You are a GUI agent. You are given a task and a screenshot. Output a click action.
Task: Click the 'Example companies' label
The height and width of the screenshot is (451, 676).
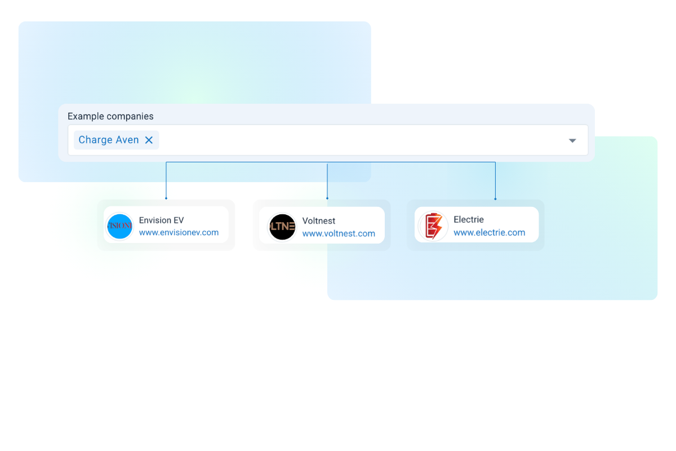pyautogui.click(x=110, y=117)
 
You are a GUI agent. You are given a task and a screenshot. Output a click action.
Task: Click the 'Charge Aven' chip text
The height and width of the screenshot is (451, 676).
pyautogui.click(x=109, y=140)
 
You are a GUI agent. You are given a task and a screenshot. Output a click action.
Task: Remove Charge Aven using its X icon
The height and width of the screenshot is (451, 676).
pyautogui.click(x=149, y=140)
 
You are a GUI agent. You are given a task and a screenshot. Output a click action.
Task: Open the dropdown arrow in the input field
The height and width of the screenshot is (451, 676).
pyautogui.click(x=572, y=140)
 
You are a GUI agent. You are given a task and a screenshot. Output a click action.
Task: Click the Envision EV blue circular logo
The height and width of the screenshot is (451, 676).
pyautogui.click(x=119, y=227)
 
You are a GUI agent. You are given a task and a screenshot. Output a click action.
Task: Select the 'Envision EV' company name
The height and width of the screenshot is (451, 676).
pyautogui.click(x=161, y=220)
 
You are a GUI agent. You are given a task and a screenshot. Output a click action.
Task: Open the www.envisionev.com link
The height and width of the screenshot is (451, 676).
pyautogui.click(x=179, y=232)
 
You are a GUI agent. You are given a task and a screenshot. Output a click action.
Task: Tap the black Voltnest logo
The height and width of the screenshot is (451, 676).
pyautogui.click(x=282, y=227)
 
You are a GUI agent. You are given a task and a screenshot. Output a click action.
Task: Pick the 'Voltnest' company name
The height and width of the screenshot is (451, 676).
pyautogui.click(x=319, y=221)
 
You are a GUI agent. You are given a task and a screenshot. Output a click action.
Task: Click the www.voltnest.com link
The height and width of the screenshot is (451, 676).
pyautogui.click(x=339, y=233)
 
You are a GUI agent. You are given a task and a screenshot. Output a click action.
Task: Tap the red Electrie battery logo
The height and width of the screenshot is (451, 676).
pyautogui.click(x=433, y=226)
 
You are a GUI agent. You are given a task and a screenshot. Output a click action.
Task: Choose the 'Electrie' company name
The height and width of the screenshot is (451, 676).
pyautogui.click(x=469, y=220)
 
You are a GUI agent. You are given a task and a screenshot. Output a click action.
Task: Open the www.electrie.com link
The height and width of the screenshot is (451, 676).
pyautogui.click(x=489, y=232)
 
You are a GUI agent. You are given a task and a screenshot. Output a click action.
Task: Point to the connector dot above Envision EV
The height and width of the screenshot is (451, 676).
pyautogui.click(x=166, y=198)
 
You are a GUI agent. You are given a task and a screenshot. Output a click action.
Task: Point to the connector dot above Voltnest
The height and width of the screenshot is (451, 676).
pyautogui.click(x=327, y=198)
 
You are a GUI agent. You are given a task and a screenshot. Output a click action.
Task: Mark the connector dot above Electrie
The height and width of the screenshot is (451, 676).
pyautogui.click(x=495, y=199)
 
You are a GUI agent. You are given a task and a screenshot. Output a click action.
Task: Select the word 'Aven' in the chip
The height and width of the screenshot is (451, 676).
pyautogui.click(x=127, y=140)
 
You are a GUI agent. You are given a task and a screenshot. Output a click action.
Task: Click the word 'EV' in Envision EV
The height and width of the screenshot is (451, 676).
pyautogui.click(x=178, y=220)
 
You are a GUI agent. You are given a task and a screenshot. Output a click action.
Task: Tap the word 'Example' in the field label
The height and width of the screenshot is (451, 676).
pyautogui.click(x=86, y=117)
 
